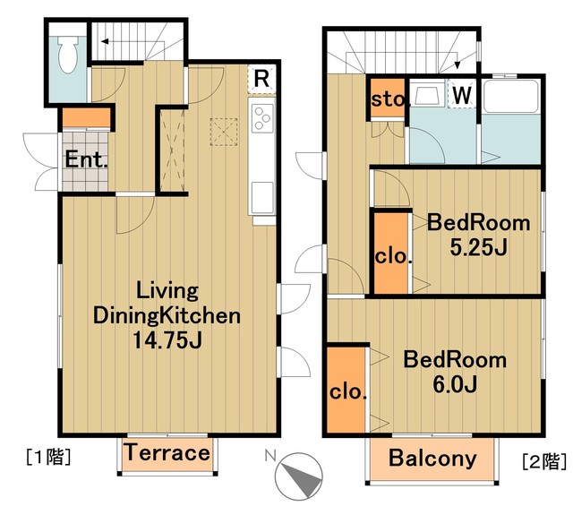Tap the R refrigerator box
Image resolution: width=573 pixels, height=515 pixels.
coord(261,79)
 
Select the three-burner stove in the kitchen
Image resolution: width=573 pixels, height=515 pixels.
coord(262,118)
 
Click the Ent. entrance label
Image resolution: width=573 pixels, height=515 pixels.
coord(86,159)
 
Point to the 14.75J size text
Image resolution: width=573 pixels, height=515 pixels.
coord(167,339)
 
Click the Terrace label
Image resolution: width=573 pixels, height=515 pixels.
coord(167,453)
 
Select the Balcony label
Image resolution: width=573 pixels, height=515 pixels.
coord(432,458)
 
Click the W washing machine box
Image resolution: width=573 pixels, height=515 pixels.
coord(462,93)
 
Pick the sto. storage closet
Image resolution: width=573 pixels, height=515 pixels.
coord(388,99)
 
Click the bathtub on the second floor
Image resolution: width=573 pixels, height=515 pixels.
coord(510,97)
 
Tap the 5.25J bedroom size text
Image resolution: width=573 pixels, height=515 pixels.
coord(478,248)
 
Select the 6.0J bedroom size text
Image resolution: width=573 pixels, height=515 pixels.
coord(455,383)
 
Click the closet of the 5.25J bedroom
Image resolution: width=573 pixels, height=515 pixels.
coord(391,253)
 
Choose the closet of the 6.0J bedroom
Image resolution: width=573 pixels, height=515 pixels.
coord(346,390)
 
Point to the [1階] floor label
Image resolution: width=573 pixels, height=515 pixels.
coord(48,457)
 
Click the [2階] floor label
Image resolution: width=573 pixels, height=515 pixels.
coord(544,461)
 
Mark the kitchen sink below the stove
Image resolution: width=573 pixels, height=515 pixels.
coord(262,197)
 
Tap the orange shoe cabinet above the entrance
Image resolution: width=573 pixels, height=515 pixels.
coord(86,117)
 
